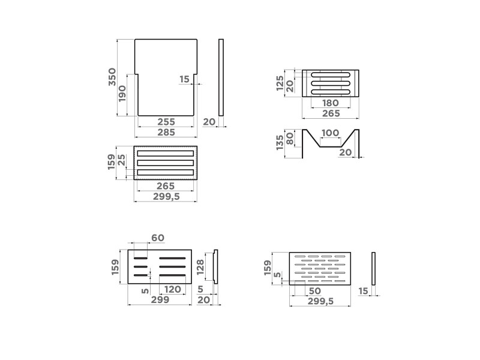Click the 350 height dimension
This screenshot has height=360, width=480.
[112, 77]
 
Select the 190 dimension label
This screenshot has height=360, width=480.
[122, 94]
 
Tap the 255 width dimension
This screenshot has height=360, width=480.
[166, 122]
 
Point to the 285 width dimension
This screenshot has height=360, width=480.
[166, 132]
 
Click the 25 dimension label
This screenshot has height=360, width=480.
[122, 160]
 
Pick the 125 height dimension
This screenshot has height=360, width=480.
[280, 83]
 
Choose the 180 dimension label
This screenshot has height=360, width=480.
[331, 103]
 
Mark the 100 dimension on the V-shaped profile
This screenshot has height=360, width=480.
[331, 133]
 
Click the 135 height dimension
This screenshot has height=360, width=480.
[280, 143]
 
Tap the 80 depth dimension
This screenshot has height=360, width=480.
[290, 139]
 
